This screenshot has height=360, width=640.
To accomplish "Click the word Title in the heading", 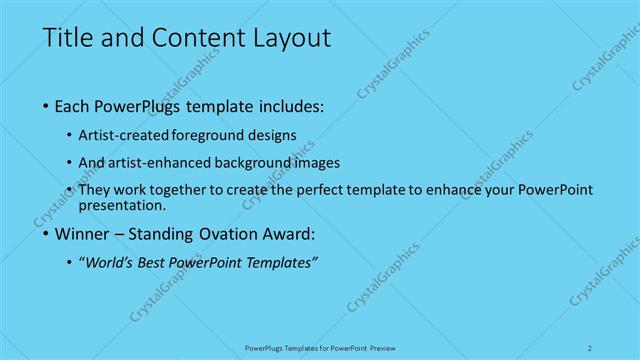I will click(x=66, y=40).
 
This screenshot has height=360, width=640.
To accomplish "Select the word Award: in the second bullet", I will click(x=286, y=236).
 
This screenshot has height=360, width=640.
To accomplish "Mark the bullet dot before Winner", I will click(x=47, y=236).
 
